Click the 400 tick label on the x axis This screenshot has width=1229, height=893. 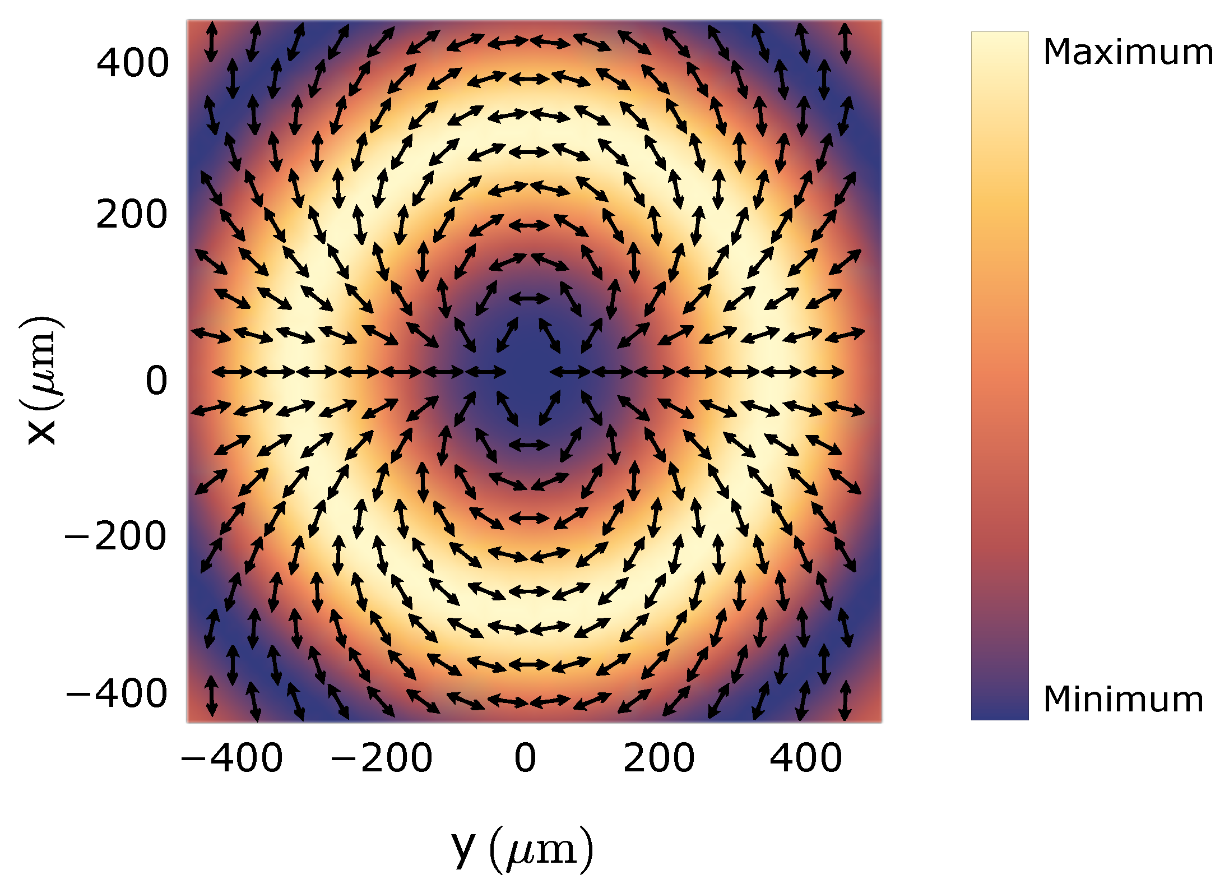coord(132,63)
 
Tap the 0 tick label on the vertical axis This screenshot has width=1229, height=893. coord(156,381)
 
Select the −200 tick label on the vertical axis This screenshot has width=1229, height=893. coord(115,536)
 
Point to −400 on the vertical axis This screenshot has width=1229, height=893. coord(117,694)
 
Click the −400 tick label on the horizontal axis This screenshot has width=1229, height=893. coord(231,758)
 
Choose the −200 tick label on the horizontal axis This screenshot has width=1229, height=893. coord(381,758)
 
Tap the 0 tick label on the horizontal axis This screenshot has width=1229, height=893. coord(525,758)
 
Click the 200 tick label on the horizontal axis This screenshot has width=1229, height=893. coord(658,758)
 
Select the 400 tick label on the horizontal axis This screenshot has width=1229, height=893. coord(805,758)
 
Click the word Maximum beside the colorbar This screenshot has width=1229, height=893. coord(1128,53)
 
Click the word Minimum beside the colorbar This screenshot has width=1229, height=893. coord(1123,699)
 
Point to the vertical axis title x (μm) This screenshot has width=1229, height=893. coord(41,381)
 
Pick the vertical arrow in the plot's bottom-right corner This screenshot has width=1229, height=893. coord(845,700)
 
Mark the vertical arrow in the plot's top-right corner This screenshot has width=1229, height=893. coord(845,42)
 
